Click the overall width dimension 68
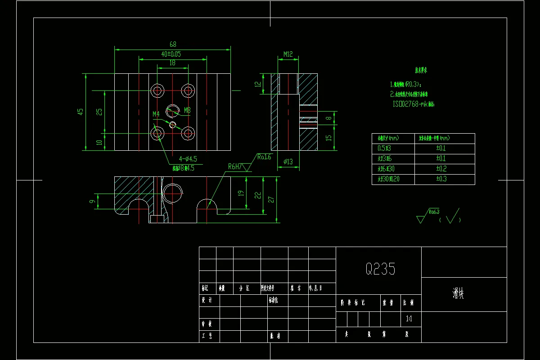click(173, 44)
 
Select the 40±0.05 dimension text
click(171, 54)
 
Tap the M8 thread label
click(187, 110)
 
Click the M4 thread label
click(156, 114)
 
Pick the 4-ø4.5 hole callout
click(188, 159)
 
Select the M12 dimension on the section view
click(288, 54)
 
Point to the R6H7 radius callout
click(235, 166)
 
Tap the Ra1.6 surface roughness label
click(265, 157)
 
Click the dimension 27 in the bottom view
click(271, 199)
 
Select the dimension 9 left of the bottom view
click(93, 201)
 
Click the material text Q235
click(380, 269)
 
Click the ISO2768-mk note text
click(414, 104)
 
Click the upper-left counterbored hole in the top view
click(157, 90)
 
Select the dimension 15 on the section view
click(329, 138)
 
